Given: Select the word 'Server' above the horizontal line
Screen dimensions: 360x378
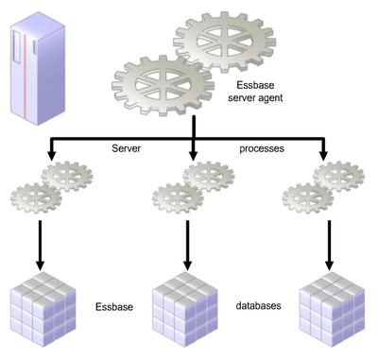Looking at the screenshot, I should (126, 149).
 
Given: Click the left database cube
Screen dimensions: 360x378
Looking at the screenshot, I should (42, 310).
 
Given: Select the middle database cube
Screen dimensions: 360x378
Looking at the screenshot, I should (187, 309).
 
